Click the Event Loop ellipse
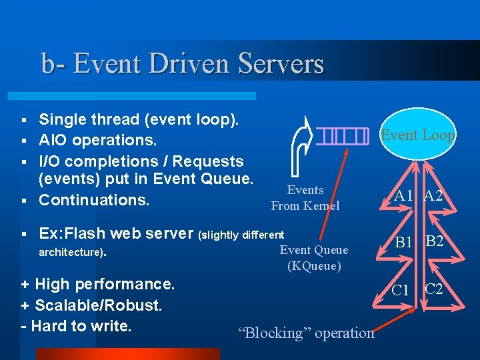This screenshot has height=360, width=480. [418, 135]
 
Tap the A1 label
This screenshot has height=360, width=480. [403, 196]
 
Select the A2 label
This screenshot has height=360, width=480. [435, 195]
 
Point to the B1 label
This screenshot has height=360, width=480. [404, 243]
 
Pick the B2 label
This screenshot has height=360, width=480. [435, 241]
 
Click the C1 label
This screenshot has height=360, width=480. [400, 290]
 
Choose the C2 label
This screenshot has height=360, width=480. [434, 289]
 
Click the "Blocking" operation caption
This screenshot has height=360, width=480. [306, 333]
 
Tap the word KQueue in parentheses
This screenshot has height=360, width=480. [314, 266]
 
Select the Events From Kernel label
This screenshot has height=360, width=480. [305, 198]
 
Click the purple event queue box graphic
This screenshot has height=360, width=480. [343, 136]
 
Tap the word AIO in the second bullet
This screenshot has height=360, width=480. [53, 141]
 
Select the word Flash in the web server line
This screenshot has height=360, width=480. [89, 234]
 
